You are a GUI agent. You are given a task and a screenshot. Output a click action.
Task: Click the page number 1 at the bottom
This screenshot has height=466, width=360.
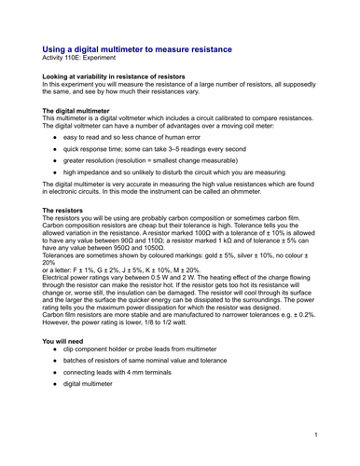coord(317,434)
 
